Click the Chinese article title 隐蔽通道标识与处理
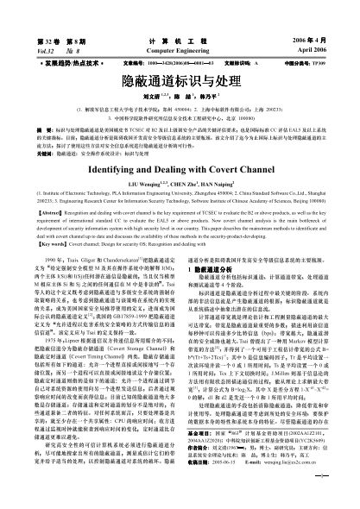[180, 81]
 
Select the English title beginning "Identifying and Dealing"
[180, 148]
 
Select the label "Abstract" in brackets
[51, 186]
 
